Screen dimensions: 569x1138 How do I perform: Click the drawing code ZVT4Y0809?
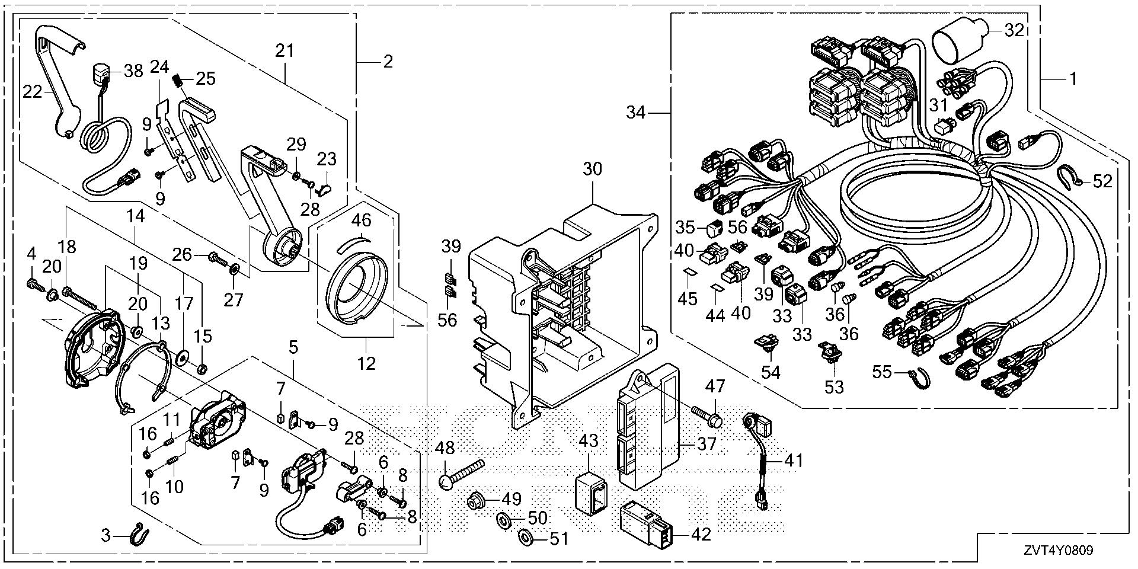pos(1057,551)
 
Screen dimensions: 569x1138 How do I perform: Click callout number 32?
pos(1014,30)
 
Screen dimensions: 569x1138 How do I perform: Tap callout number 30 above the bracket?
pos(592,169)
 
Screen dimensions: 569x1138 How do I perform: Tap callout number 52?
pos(1102,181)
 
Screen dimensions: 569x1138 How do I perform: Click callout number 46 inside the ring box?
pos(361,220)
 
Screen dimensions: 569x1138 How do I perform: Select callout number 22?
pos(32,92)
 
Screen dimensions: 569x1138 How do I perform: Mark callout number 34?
pos(636,111)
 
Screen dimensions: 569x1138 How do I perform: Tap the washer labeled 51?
pos(525,538)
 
